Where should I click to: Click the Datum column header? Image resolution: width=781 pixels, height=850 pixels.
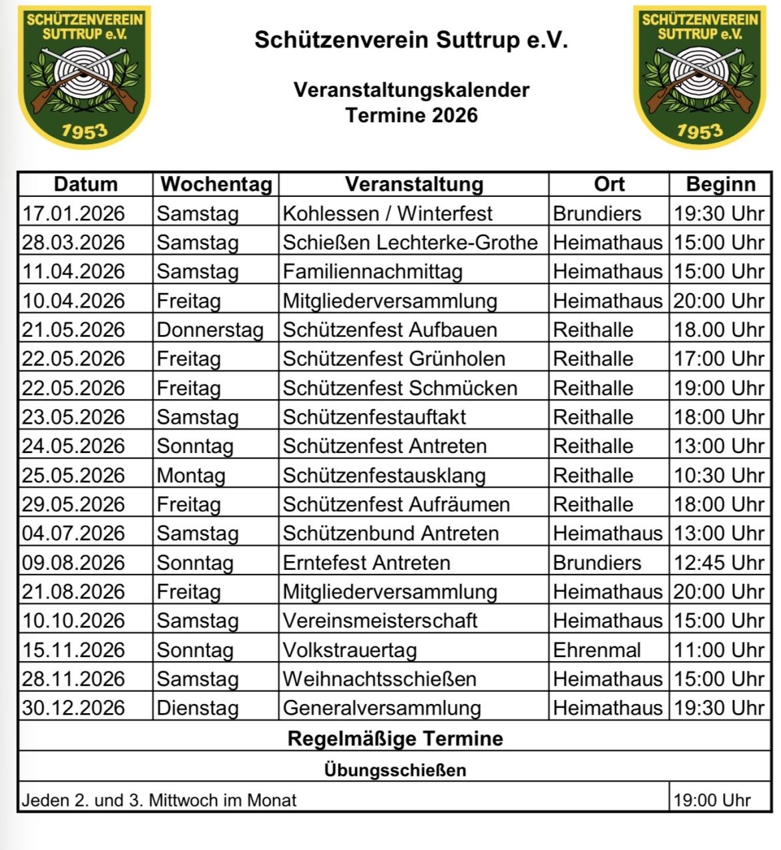[85, 184]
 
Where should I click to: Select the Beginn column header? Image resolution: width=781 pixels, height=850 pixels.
[720, 184]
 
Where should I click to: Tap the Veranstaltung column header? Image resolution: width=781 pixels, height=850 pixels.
[414, 184]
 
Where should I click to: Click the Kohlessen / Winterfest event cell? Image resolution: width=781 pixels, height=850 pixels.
[387, 214]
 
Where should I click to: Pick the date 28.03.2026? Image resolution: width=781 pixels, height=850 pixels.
[73, 242]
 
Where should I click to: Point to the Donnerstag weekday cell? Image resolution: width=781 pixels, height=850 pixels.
[210, 330]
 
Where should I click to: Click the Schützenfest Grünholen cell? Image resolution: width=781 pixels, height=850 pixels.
[394, 359]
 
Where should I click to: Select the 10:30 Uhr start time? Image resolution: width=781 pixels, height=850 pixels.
[719, 475]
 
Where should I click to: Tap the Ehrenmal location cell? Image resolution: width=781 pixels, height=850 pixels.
[597, 650]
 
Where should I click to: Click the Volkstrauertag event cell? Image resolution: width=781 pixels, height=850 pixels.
[350, 650]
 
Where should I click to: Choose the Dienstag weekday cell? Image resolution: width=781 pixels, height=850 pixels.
[198, 708]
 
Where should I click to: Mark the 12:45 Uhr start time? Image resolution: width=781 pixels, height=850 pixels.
[719, 562]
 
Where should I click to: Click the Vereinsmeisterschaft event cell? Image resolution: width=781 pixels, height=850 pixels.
[380, 620]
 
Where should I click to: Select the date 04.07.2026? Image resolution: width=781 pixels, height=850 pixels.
[73, 533]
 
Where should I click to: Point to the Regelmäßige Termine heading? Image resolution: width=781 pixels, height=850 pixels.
[395, 739]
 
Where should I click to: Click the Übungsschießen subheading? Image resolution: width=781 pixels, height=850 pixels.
[395, 770]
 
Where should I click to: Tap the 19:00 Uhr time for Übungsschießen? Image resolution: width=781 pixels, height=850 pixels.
[712, 800]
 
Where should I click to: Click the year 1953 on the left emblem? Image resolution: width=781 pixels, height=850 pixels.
[84, 130]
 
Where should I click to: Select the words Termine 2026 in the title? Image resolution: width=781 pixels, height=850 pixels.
[412, 115]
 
